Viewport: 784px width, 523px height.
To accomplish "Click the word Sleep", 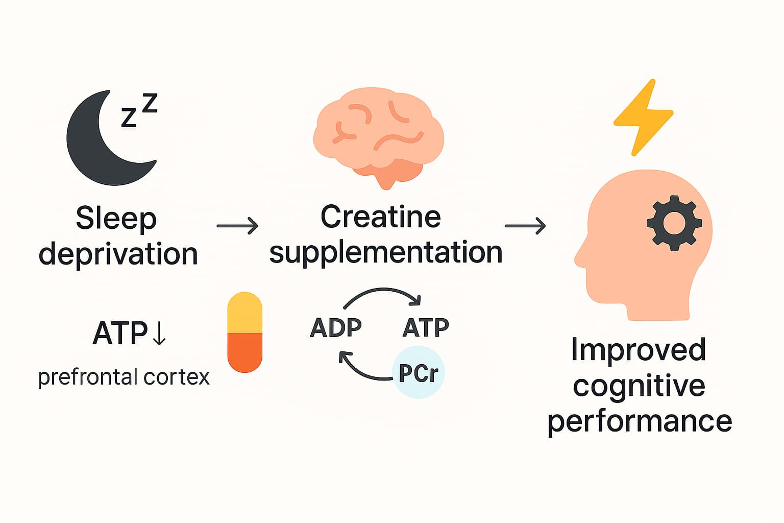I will [x=116, y=219].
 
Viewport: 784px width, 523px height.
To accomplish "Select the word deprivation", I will [x=118, y=254].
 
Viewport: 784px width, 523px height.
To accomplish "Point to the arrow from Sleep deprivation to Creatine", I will [x=237, y=225].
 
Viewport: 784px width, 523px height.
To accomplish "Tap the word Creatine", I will [x=380, y=217].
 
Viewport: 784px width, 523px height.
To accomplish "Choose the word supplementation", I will [x=385, y=252].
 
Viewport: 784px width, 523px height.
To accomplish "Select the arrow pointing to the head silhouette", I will [x=525, y=225].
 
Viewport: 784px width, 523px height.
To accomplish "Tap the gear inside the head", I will [x=674, y=223].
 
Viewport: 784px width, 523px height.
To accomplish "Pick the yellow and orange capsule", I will [x=244, y=332].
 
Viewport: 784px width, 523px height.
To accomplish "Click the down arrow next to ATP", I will [x=159, y=333].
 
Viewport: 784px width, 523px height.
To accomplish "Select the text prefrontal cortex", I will [x=124, y=377].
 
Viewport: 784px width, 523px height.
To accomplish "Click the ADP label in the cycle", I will [x=335, y=327].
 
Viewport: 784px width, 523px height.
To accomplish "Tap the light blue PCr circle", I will [x=419, y=372].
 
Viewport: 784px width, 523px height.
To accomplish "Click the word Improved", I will [x=638, y=349].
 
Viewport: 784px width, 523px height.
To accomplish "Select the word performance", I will [x=640, y=421].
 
